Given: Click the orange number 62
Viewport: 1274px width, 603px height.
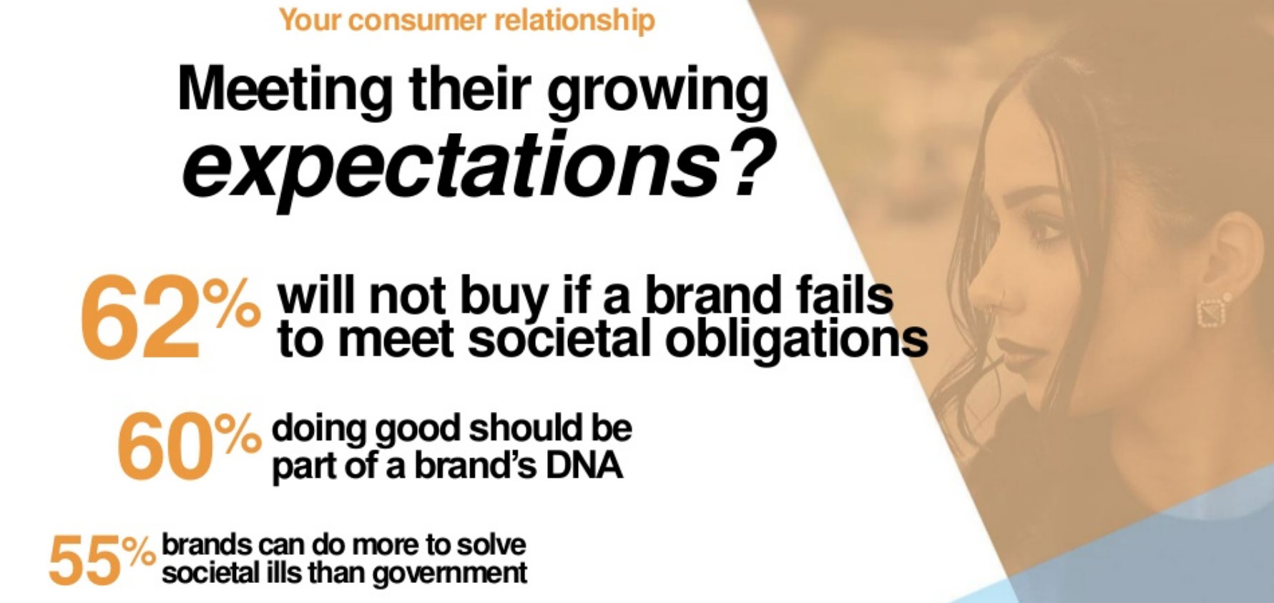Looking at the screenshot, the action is click(140, 316).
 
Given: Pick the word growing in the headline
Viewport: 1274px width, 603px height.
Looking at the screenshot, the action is click(657, 92).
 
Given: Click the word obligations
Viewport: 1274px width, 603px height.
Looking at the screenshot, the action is click(796, 340).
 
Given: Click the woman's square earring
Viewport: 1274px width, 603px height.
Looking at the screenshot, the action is click(1212, 311).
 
